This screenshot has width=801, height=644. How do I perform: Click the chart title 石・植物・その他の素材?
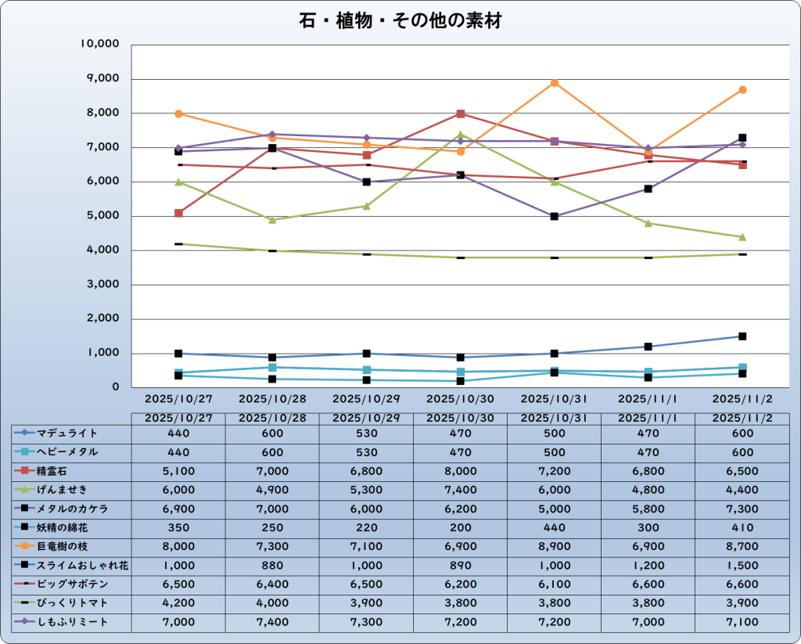[x=400, y=21]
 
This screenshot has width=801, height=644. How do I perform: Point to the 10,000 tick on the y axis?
[x=100, y=44]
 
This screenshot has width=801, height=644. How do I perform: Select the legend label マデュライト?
[x=67, y=433]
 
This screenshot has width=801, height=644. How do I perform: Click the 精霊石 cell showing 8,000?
[x=460, y=471]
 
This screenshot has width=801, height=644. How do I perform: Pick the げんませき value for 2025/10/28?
[x=272, y=490]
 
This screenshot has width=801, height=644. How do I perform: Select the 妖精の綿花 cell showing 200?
[x=460, y=527]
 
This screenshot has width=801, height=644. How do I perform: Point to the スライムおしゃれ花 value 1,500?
[x=742, y=566]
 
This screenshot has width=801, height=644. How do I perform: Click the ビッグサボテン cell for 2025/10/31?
[x=554, y=585]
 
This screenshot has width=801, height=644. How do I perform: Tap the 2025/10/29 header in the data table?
[x=366, y=418]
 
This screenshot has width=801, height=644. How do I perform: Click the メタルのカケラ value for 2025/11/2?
[x=742, y=509]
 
